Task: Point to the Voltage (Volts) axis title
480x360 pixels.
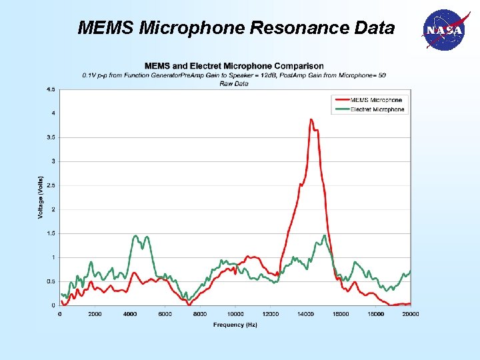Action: point(40,197)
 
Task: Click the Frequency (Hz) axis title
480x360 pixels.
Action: point(235,325)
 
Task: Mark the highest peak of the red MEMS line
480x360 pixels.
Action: point(311,119)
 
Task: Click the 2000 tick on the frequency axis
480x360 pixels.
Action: point(95,313)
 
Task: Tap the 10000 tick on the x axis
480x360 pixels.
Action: point(235,313)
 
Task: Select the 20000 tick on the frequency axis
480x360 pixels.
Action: point(410,313)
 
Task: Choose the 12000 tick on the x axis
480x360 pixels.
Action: point(271,313)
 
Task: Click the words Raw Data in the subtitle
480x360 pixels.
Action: point(234,84)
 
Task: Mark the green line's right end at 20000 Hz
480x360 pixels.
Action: point(410,271)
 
